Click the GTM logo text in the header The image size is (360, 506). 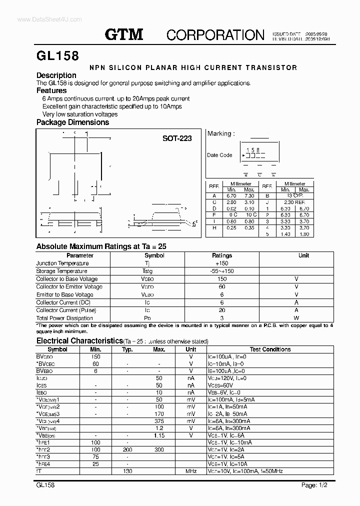124,34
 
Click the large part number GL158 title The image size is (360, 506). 57,55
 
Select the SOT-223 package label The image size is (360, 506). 177,138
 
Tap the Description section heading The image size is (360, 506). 56,75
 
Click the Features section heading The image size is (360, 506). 51,90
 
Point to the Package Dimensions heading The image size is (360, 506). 72,122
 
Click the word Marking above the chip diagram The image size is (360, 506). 219,133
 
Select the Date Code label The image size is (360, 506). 219,155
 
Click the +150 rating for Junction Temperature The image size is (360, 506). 221,263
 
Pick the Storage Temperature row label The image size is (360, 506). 62,271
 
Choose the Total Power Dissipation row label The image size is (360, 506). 65,318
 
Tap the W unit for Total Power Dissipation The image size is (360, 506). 296,318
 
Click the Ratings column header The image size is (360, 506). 222,255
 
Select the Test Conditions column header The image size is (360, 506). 270,349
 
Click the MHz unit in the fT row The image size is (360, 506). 191,471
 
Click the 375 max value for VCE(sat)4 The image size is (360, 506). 159,421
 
